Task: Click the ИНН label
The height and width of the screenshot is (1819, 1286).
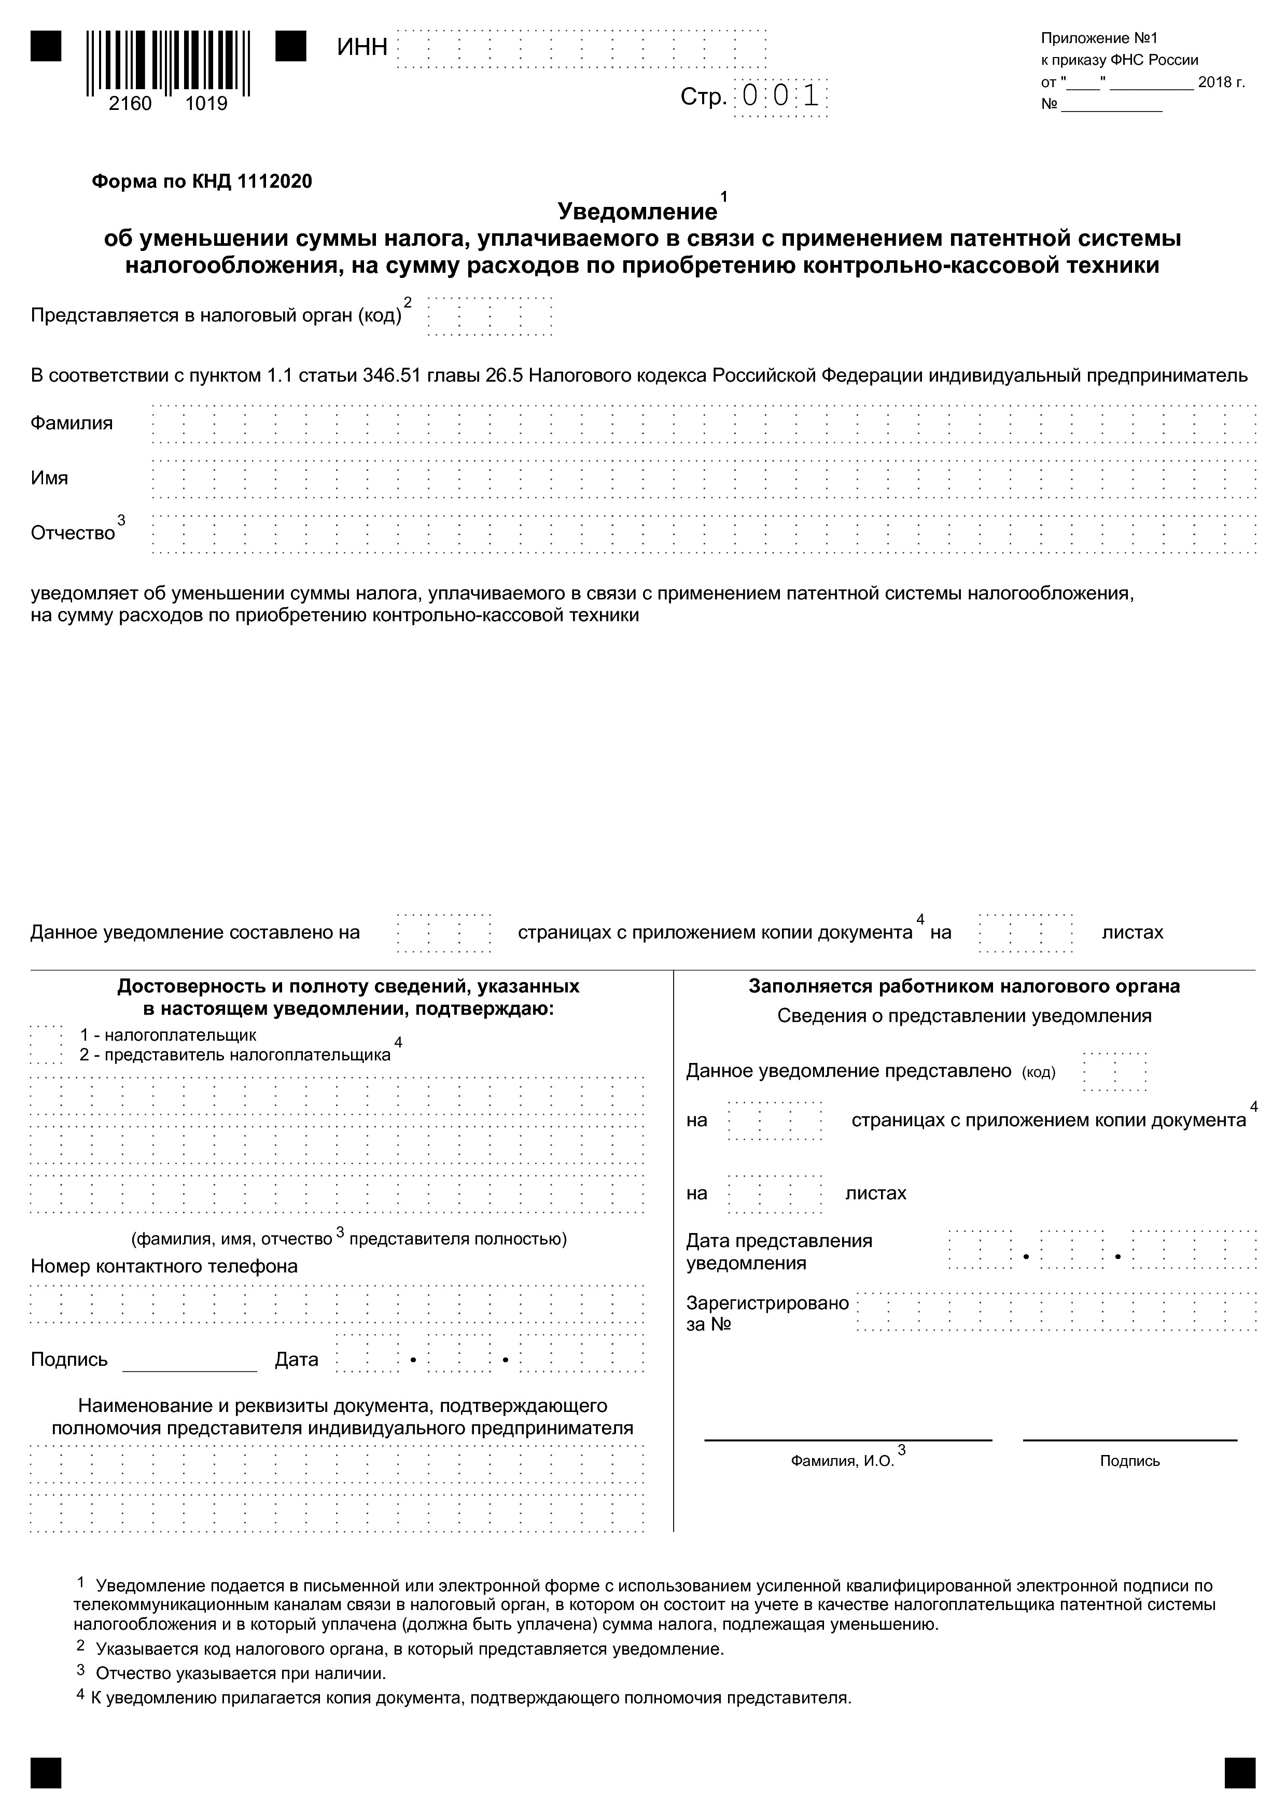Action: coord(362,48)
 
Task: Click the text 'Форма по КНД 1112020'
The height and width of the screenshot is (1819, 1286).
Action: coord(202,182)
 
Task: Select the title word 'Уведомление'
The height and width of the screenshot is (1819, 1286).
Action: coord(637,212)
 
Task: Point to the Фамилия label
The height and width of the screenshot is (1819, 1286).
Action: coord(72,423)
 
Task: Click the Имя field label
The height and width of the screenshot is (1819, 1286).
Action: coord(50,478)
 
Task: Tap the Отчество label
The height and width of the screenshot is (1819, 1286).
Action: coord(73,533)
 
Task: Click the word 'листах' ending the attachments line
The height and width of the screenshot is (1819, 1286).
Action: coord(1133,932)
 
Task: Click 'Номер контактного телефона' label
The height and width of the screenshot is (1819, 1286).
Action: coord(164,1266)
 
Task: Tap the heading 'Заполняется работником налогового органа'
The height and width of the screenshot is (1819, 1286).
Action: coord(964,986)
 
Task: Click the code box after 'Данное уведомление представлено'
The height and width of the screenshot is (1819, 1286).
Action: coord(1115,1072)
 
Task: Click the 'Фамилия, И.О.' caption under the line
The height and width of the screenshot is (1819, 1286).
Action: coord(842,1461)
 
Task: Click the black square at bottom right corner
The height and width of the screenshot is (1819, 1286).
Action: coord(1239,1773)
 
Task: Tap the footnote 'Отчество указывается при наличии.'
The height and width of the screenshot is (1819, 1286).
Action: coord(241,1673)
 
